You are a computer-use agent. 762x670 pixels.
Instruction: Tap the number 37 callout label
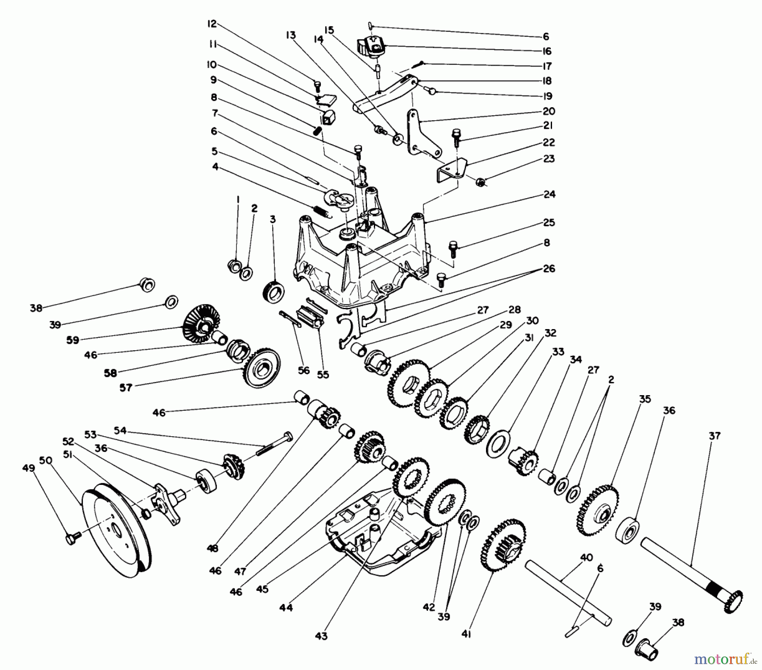coord(714,435)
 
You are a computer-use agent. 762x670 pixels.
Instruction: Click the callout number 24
coord(549,194)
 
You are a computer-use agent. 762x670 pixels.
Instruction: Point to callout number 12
coord(212,24)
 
